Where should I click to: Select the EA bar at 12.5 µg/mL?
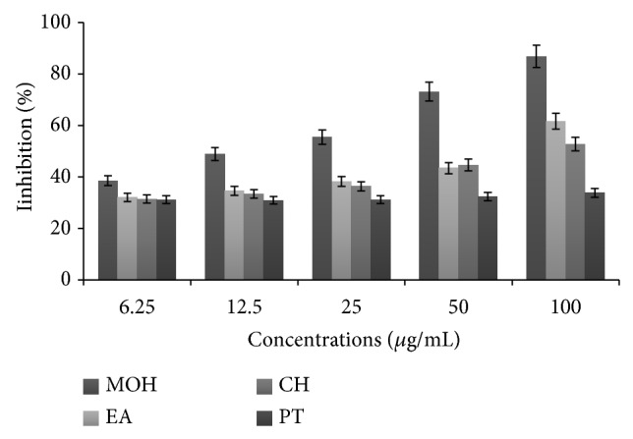(x=235, y=235)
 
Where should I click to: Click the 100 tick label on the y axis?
(x=61, y=22)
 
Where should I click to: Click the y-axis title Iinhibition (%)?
(x=22, y=149)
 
